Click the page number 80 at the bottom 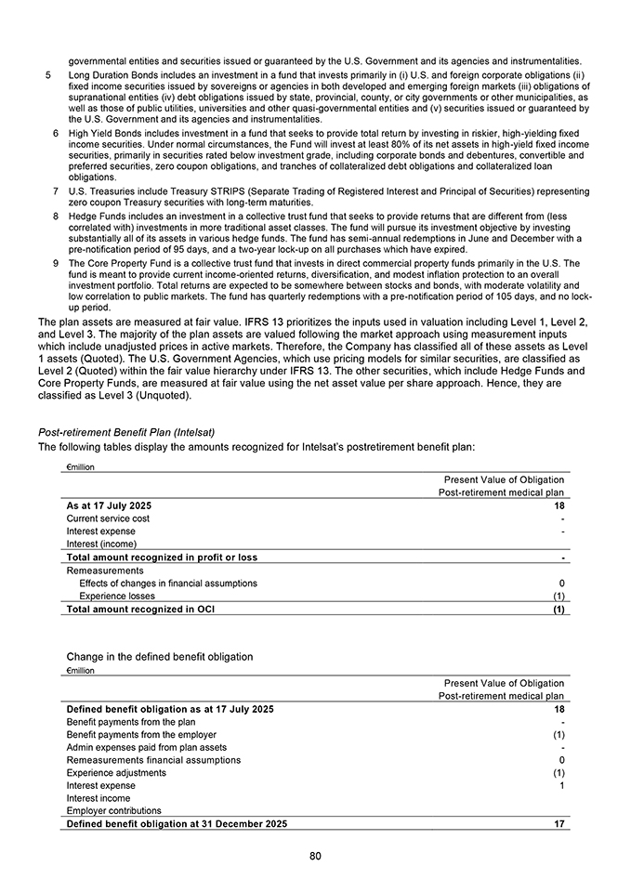[315, 856]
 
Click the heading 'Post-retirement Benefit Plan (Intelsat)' [131, 432]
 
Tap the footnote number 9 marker [57, 264]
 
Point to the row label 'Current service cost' [108, 518]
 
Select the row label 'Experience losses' [117, 597]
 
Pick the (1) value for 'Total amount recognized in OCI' [559, 610]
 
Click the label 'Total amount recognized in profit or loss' [162, 557]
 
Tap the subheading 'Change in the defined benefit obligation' [160, 657]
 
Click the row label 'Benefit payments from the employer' [141, 734]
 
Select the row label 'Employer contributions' [113, 811]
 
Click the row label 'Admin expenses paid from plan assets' [146, 747]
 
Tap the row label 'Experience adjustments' [116, 773]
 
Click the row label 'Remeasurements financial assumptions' [153, 760]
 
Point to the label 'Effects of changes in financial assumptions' [168, 584]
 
